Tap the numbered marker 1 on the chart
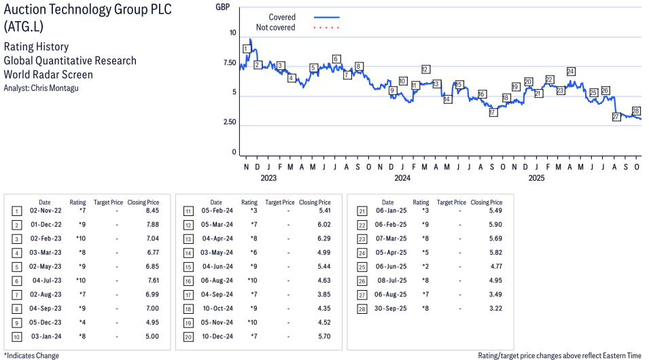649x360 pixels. tap(245, 49)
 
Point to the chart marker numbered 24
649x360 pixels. tap(571, 71)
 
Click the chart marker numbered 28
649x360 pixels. tap(636, 111)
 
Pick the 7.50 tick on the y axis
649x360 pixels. tap(228, 63)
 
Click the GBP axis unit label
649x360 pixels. tap(222, 7)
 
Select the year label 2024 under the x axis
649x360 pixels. tap(402, 179)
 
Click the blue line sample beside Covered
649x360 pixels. tap(326, 17)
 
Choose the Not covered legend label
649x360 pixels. tap(275, 28)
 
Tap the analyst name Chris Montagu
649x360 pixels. tap(50, 88)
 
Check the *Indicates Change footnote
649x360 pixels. tap(32, 355)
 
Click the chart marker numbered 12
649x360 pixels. tap(425, 69)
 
